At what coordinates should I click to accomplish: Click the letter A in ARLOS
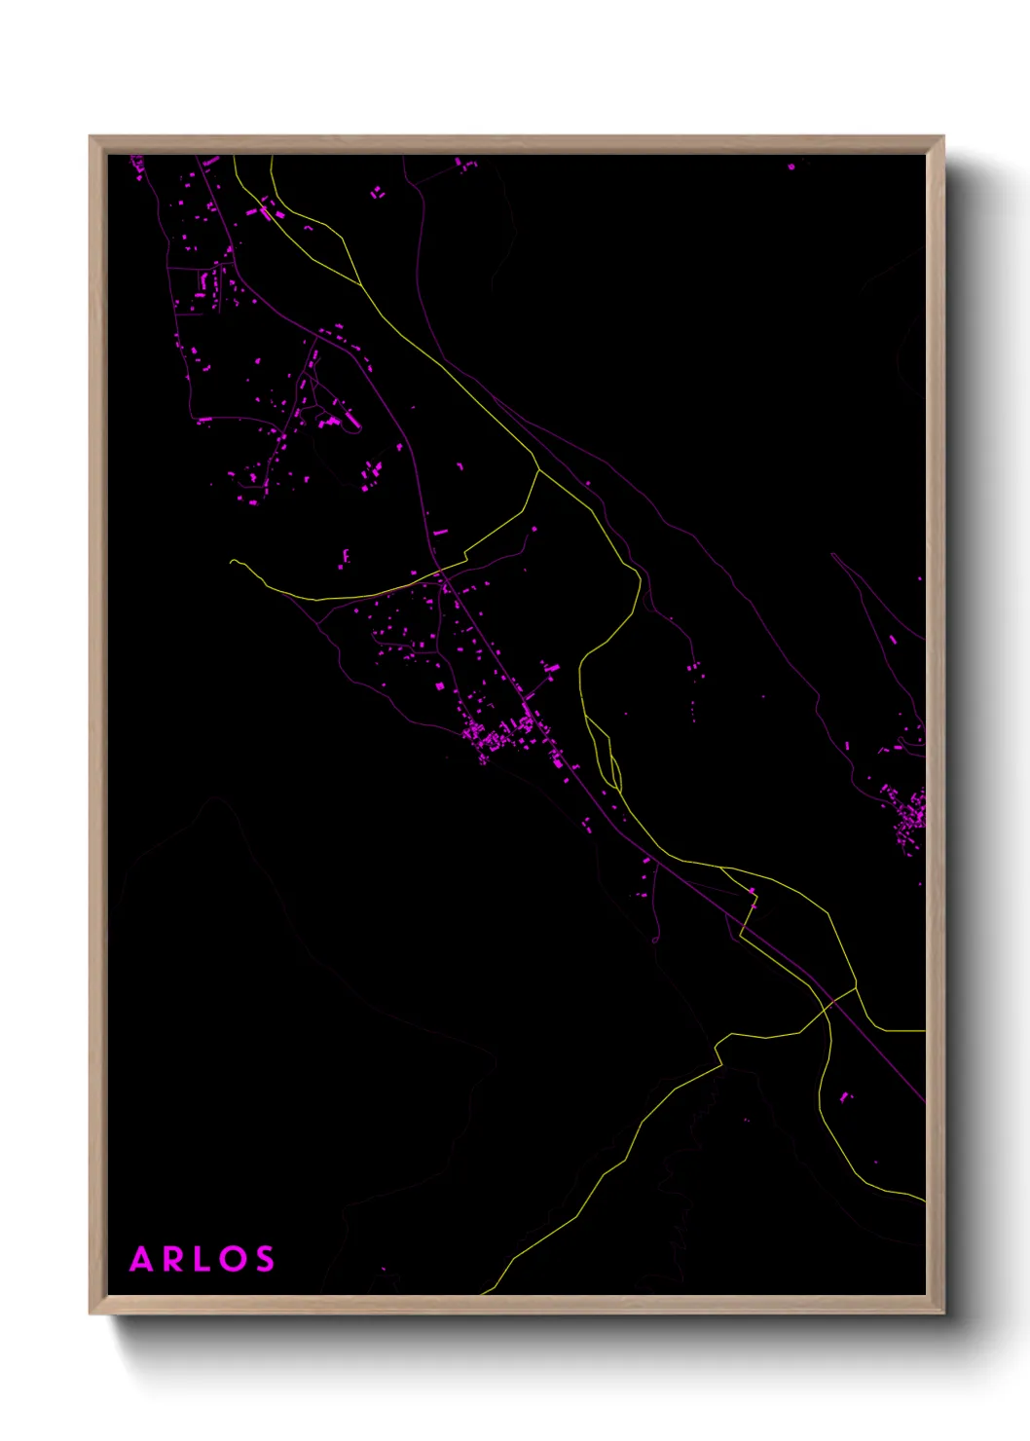coord(142,1259)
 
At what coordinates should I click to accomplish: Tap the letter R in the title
coord(172,1259)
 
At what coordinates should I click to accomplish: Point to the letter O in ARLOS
coord(232,1259)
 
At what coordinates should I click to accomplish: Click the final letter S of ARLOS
coord(264,1259)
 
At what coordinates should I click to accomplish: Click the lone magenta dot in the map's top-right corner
coord(791,166)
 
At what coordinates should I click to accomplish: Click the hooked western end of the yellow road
coord(232,561)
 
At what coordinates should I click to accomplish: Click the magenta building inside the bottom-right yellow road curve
coord(844,1097)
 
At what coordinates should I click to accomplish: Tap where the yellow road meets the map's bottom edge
coord(484,1293)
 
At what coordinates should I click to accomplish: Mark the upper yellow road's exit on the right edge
coord(923,1030)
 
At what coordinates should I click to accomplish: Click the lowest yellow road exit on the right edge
coord(923,1200)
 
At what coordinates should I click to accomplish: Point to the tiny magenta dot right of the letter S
coord(384,1269)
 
